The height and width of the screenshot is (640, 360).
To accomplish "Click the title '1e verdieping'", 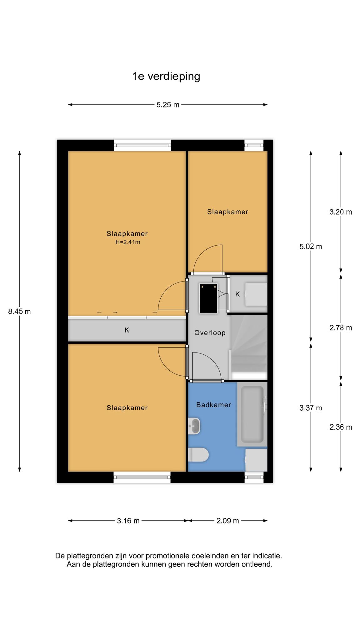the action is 166,77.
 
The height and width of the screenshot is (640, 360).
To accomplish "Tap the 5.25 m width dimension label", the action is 168,105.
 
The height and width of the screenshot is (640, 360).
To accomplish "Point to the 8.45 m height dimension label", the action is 19,311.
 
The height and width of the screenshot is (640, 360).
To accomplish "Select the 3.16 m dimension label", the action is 128,521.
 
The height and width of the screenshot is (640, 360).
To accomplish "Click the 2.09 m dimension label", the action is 228,521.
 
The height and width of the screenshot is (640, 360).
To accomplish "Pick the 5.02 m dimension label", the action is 311,247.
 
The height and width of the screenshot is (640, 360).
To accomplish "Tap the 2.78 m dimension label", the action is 341,328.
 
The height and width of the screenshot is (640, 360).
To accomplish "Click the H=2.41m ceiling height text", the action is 128,242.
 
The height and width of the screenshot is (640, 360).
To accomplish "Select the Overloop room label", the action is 210,333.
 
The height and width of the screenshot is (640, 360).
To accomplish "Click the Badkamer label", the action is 214,405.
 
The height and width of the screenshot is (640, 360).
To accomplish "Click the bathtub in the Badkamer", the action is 252,414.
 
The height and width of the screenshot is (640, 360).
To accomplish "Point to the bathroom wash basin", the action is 194,426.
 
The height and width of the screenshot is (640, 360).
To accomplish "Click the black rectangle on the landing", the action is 208,298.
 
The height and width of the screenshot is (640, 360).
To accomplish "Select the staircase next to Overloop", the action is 249,347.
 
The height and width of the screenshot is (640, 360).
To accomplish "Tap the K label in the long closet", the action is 127,330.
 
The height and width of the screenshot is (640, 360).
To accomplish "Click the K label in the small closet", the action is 237,294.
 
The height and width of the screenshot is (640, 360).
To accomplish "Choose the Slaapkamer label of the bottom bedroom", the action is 127,408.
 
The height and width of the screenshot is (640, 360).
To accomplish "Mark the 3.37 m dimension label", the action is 311,408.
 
